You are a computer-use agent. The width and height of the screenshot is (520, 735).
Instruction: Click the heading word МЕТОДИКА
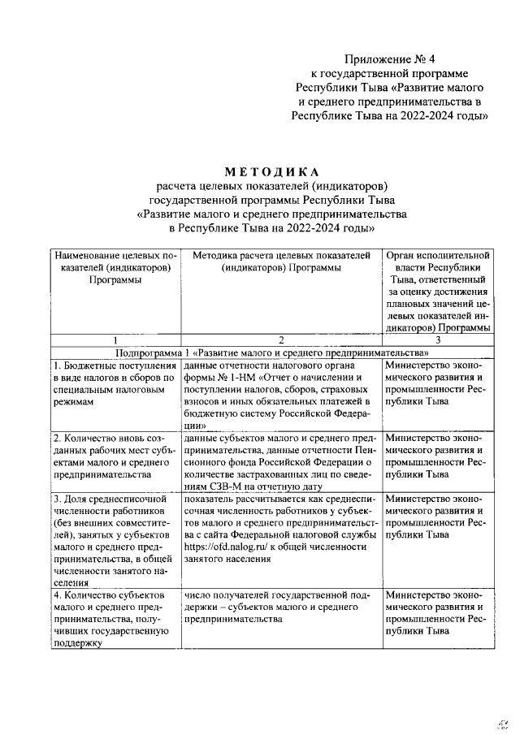(x=272, y=172)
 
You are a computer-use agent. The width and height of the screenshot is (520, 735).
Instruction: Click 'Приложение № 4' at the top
(x=390, y=59)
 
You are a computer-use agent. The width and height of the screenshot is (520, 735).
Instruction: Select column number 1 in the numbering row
(x=116, y=340)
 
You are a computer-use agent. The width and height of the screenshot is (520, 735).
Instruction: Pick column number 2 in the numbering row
(x=280, y=340)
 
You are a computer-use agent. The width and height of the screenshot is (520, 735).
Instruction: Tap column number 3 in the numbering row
(x=437, y=340)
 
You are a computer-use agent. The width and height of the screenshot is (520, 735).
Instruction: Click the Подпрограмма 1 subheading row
(x=272, y=353)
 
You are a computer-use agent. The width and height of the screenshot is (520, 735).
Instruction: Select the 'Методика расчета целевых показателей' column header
(x=280, y=262)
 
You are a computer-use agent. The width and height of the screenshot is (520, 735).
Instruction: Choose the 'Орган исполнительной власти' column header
(x=437, y=292)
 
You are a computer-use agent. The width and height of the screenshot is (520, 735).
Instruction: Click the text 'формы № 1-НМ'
(x=221, y=378)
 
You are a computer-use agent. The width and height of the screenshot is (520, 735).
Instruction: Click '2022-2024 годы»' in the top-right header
(x=445, y=115)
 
